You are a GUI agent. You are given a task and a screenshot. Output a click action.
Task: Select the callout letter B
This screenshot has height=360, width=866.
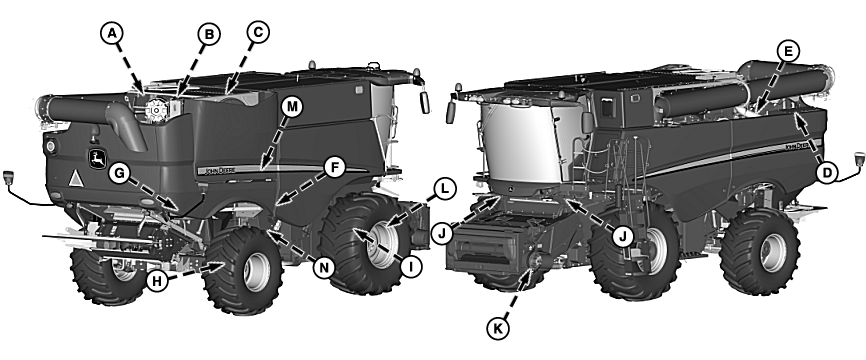pos(209,36)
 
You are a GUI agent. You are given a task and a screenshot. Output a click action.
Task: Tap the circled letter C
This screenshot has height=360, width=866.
pos(257,32)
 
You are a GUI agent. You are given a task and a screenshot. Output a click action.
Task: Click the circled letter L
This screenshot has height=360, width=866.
pos(445,186)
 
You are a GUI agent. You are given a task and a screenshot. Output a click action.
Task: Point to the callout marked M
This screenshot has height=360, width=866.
pos(292,106)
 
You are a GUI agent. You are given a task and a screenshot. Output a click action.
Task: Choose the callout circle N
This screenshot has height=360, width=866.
pos(322,267)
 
